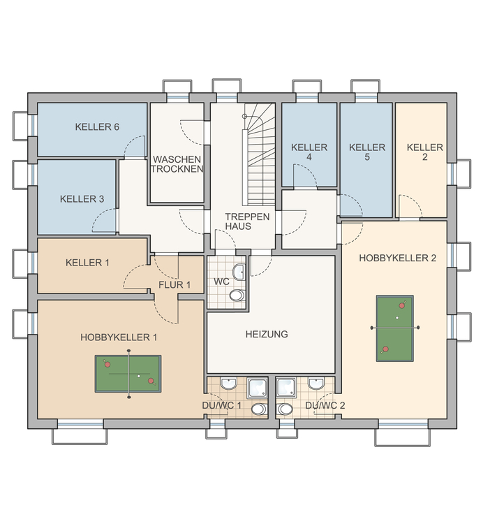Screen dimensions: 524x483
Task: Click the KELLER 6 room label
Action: [97, 127]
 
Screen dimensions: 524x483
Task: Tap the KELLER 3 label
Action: [82, 199]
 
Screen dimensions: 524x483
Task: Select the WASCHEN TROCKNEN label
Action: [177, 164]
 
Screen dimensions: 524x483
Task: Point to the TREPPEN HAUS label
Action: [238, 221]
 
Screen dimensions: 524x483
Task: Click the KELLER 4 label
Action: [309, 153]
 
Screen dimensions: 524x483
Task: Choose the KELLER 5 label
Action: [367, 153]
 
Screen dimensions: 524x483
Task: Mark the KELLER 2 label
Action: [425, 153]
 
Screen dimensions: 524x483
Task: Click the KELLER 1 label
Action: [87, 263]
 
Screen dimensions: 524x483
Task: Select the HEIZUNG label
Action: [267, 335]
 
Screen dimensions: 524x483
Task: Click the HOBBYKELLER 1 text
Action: [119, 337]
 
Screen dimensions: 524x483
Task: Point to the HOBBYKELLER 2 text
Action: [398, 258]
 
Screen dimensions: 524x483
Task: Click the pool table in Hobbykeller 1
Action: [128, 374]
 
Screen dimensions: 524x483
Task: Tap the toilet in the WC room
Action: [237, 296]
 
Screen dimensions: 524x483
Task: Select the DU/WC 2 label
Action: [326, 405]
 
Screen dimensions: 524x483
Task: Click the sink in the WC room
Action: [238, 272]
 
